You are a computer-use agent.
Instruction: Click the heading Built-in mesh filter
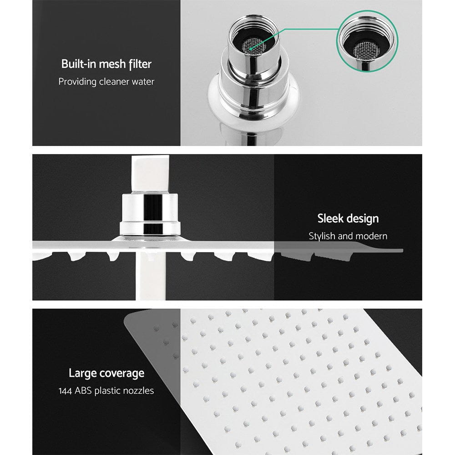coord(106,64)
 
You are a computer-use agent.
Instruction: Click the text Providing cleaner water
coord(106,82)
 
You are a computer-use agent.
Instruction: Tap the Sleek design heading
coord(348,218)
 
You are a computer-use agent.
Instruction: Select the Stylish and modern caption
coord(348,236)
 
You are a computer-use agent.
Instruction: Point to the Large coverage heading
coord(106,374)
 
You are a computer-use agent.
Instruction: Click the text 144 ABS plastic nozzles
coord(106,391)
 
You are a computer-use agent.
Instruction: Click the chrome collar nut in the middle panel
coord(150,214)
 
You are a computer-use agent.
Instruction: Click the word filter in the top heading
coord(139,64)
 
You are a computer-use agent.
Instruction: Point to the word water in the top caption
coord(142,82)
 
